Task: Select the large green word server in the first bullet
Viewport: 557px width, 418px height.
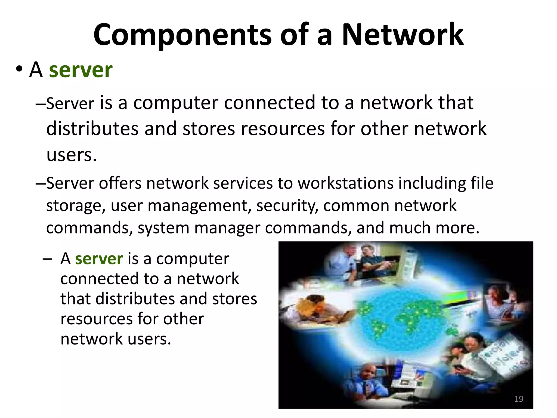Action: coord(81,70)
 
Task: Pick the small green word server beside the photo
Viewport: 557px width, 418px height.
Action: coord(99,258)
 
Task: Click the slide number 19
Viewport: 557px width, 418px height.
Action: coord(519,399)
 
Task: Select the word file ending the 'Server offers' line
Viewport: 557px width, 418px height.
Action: coord(482,183)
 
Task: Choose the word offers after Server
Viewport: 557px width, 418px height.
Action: coord(120,183)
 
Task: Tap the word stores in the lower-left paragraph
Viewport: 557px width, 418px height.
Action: coord(234,299)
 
